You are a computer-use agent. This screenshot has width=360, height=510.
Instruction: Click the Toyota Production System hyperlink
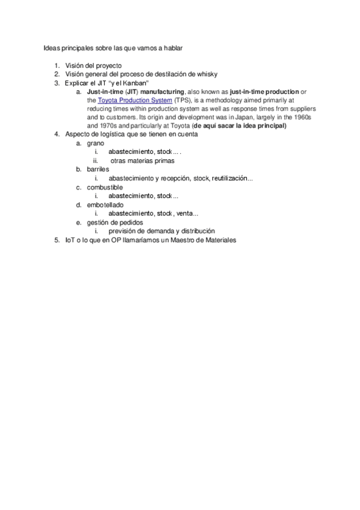[x=135, y=100]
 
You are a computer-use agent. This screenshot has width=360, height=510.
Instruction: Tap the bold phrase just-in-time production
[x=264, y=91]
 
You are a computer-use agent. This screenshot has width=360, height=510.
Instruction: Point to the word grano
[x=96, y=144]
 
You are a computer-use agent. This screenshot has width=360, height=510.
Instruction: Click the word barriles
[x=98, y=170]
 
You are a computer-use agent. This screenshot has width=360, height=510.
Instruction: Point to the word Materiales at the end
[x=219, y=240]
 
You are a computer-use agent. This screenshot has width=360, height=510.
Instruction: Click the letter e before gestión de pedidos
[x=78, y=223]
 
